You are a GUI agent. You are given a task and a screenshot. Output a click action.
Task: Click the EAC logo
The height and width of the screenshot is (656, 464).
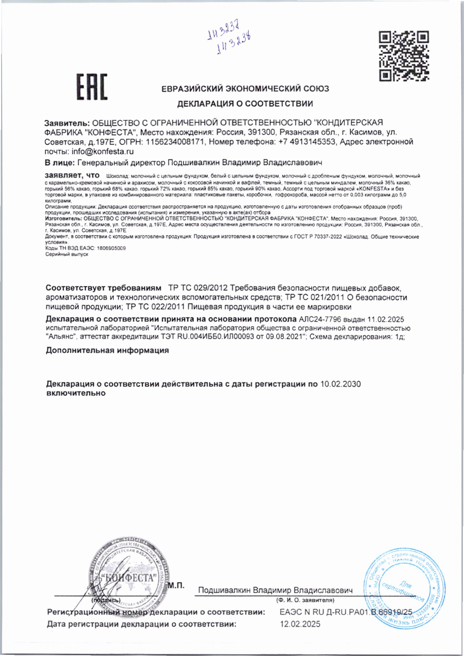[x=92, y=87]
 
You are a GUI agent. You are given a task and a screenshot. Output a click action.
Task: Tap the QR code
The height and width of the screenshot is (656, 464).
[x=404, y=56]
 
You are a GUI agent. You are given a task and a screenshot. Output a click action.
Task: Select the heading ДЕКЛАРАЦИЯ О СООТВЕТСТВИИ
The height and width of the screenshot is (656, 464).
[x=245, y=104]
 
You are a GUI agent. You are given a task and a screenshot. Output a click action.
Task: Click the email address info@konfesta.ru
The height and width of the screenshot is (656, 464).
[x=103, y=151]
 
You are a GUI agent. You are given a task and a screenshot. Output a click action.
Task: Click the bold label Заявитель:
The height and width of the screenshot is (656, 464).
[x=67, y=123]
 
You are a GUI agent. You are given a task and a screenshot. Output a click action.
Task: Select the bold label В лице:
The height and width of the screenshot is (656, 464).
[x=60, y=162]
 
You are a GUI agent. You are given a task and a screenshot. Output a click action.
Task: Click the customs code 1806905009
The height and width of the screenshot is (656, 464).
[x=111, y=248]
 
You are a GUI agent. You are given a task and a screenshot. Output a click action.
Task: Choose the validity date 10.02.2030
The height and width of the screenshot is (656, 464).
[x=340, y=384]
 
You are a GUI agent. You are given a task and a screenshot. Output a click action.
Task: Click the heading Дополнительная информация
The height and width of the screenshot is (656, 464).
[x=107, y=350]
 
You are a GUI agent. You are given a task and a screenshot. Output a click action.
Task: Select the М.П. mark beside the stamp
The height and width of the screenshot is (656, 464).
[x=176, y=586]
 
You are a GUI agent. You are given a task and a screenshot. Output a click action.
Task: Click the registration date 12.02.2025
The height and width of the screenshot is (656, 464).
[x=300, y=624]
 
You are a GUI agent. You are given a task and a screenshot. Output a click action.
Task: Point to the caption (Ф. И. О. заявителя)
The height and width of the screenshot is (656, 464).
[x=305, y=600]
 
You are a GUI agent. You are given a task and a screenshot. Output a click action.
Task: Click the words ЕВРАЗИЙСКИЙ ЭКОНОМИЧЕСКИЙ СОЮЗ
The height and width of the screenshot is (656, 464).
[x=245, y=89]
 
